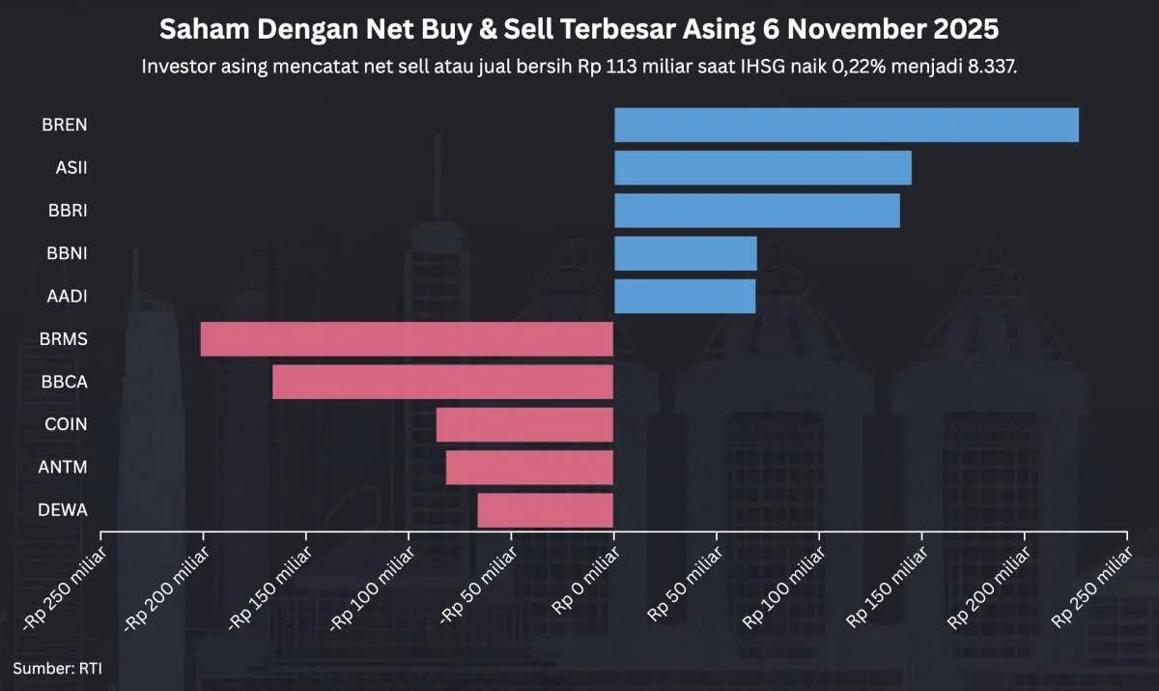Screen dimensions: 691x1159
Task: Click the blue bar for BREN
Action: (846, 125)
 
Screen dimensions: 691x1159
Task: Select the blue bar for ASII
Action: (763, 168)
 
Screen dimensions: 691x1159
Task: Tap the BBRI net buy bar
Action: (757, 211)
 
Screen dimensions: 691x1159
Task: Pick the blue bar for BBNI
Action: (686, 253)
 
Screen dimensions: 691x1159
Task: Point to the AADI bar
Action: (685, 296)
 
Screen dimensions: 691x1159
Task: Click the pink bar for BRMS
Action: (407, 339)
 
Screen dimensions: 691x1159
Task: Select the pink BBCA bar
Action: (442, 382)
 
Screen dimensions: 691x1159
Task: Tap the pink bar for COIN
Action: (524, 424)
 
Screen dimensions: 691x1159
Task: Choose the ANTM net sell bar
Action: (529, 467)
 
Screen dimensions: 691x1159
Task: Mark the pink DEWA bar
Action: (546, 509)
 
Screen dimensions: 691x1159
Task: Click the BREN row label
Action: (65, 125)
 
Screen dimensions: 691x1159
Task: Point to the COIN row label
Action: (66, 424)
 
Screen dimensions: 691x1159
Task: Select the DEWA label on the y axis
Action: (64, 509)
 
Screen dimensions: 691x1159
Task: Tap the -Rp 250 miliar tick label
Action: (64, 594)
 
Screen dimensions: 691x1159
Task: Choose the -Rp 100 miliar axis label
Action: (373, 593)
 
